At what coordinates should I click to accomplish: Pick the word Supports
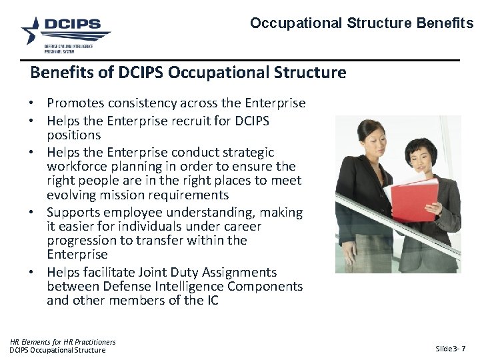tap(75, 213)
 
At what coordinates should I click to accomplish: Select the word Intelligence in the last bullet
tap(190, 286)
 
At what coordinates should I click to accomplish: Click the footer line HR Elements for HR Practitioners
tap(63, 342)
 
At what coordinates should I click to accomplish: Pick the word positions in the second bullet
tap(73, 135)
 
